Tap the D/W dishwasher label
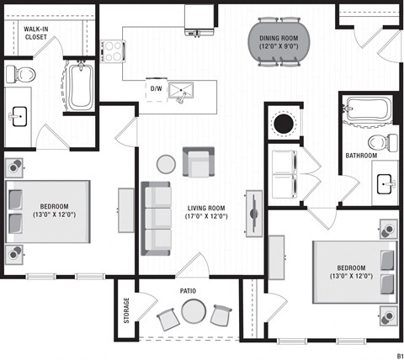(156, 87)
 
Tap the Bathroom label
(361, 156)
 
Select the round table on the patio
(192, 314)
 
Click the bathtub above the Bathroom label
(368, 109)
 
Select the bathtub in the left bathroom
(82, 86)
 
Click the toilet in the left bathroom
(21, 75)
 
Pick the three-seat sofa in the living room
(156, 218)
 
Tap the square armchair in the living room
(199, 160)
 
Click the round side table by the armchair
(167, 163)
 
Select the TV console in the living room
(253, 211)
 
